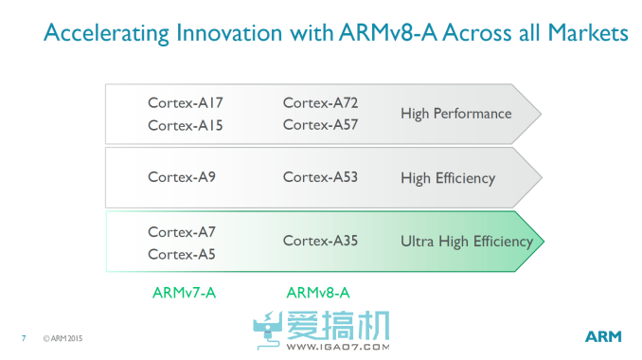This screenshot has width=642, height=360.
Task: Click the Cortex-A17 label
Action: point(186,102)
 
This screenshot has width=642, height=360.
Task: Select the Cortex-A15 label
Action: point(186,125)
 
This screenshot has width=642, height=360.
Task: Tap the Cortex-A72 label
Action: point(320,102)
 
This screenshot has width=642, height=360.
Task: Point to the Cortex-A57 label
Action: point(320,125)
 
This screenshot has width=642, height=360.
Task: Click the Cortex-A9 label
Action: point(182,177)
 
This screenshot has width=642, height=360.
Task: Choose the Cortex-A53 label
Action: point(320,177)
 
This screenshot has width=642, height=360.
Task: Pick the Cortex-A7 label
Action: point(182,231)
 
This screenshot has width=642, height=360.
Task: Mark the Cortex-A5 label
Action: point(182,254)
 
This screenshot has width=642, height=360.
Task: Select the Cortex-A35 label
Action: point(320,242)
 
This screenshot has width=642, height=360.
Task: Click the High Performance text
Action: point(455,114)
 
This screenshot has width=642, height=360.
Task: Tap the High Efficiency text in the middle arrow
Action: point(448,177)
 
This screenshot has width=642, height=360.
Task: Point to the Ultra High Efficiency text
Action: point(467,242)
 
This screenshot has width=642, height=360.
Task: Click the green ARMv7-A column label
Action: point(184,292)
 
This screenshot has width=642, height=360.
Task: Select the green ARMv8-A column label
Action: point(318,292)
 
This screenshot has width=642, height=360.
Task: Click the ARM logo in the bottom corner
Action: point(602,336)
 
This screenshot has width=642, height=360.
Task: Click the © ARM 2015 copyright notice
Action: point(62,337)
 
